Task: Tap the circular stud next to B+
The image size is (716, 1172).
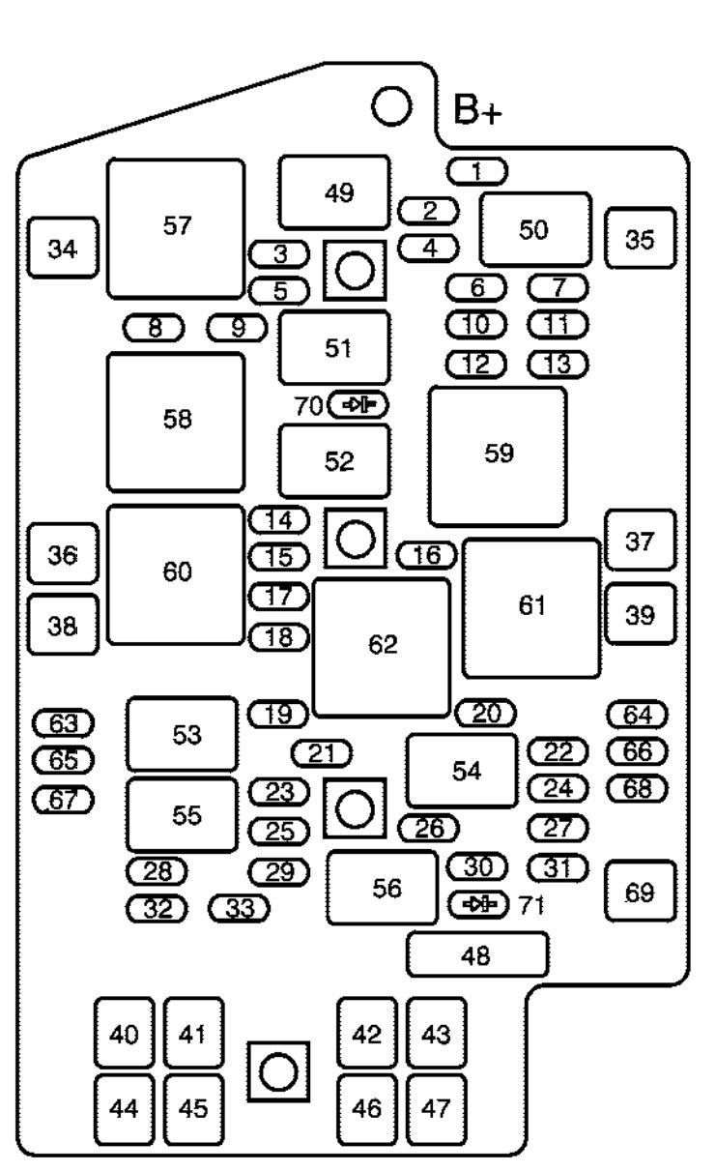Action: point(392,106)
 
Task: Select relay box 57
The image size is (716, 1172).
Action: point(176,228)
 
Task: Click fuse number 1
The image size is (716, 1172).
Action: point(477,172)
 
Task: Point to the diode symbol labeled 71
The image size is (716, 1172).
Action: point(479,904)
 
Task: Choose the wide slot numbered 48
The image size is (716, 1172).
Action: point(477,955)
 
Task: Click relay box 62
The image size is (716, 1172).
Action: point(382,647)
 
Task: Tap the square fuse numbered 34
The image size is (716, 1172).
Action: point(63,249)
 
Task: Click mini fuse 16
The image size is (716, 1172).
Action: point(427,555)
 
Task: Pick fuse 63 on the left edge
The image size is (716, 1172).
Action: point(63,722)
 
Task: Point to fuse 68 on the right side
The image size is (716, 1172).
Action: point(638,788)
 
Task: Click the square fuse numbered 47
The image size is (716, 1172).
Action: point(436,1108)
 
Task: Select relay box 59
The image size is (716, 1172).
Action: point(499,455)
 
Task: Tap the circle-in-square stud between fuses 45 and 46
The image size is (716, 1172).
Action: point(278,1071)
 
